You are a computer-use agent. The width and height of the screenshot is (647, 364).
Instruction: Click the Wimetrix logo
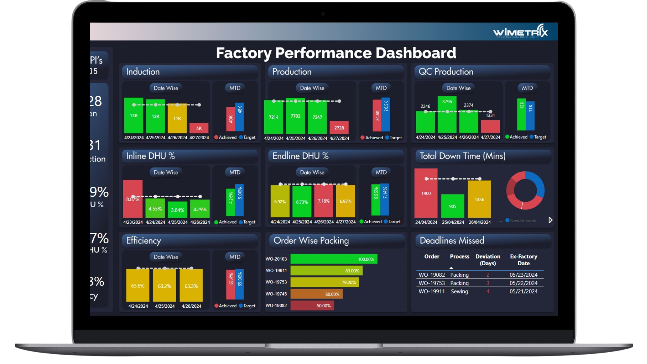point(520,32)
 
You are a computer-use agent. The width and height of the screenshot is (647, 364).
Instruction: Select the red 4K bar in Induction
point(199,128)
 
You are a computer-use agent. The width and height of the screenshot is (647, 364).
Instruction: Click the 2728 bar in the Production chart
point(339,128)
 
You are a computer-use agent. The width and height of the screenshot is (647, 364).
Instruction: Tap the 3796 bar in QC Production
point(447,115)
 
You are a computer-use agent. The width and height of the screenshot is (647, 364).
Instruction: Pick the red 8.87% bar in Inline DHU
point(133,199)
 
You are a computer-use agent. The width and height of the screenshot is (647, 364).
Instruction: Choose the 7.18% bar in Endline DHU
point(323,201)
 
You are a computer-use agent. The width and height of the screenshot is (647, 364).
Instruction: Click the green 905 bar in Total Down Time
point(453,206)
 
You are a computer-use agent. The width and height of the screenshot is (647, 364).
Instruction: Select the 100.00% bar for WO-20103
point(334,259)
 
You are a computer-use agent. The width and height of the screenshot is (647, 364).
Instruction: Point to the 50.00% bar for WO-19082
point(312,306)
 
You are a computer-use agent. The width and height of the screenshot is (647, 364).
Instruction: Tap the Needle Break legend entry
point(523,220)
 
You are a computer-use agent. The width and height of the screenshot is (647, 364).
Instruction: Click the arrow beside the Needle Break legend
point(550,220)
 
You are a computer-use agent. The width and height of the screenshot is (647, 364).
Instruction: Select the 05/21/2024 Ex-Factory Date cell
point(523,292)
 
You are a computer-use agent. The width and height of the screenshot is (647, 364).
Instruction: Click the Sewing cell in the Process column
point(459,292)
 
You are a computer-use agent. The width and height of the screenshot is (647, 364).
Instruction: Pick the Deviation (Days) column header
point(488,260)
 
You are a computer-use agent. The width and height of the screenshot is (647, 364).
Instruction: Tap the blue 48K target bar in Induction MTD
point(240,117)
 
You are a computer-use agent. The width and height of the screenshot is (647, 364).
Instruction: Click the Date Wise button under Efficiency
point(166,257)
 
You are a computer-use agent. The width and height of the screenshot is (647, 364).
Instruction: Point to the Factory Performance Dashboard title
point(336,53)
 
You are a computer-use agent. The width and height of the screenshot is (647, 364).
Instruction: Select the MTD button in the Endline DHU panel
point(381,172)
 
